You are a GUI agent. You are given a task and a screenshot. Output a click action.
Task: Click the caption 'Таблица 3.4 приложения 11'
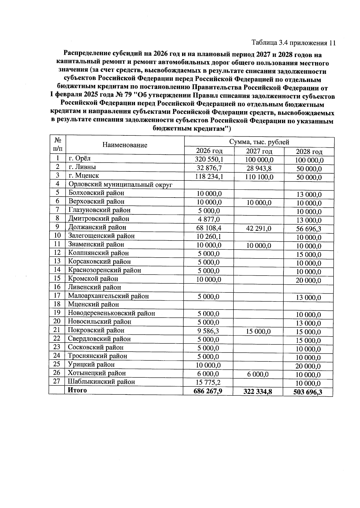(293, 43)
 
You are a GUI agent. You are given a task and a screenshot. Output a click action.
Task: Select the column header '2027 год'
(259, 151)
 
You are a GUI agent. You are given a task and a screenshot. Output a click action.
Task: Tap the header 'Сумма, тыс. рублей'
(259, 142)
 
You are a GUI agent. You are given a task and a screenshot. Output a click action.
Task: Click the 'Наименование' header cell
(125, 145)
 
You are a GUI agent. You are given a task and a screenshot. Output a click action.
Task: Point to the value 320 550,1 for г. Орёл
(209, 159)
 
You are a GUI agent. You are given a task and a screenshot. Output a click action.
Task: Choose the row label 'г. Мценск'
(84, 175)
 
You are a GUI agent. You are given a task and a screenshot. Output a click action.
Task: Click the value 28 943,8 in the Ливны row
(259, 168)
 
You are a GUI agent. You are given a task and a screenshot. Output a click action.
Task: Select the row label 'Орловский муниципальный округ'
(120, 184)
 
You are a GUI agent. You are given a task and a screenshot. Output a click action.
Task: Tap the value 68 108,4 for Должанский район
(209, 228)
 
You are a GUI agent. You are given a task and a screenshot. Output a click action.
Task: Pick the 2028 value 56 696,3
(309, 229)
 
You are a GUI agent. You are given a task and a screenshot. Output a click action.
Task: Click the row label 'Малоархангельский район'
(108, 296)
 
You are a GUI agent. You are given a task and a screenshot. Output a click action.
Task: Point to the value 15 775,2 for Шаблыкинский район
(208, 382)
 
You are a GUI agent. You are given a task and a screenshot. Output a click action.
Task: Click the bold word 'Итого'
(77, 390)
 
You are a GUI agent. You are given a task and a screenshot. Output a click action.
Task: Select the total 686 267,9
(208, 391)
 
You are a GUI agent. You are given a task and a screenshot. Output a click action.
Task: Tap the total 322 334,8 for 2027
(258, 392)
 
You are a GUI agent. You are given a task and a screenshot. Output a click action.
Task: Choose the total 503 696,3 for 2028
(308, 392)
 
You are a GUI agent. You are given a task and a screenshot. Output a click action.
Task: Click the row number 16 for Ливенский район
(57, 287)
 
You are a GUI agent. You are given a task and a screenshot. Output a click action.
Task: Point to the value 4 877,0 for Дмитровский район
(208, 219)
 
